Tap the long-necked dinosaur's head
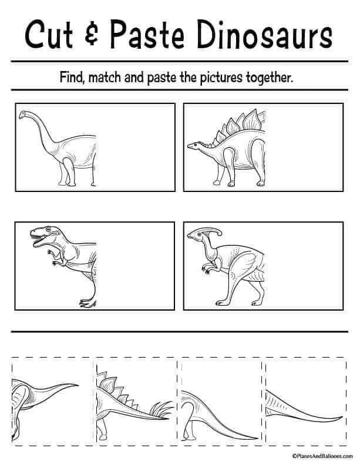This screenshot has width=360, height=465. [x=23, y=114]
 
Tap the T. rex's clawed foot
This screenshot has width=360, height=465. [x=88, y=302]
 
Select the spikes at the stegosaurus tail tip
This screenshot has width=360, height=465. [x=161, y=409]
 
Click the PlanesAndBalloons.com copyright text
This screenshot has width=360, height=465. [x=322, y=456]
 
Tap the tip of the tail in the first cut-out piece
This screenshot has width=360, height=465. [x=78, y=385]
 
